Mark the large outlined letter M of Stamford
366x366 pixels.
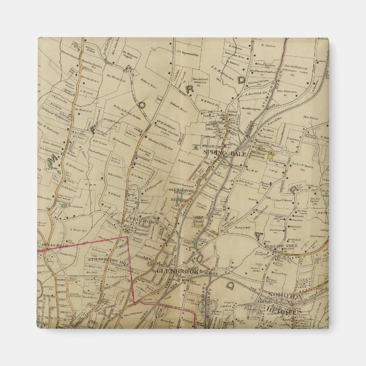pos(53,165)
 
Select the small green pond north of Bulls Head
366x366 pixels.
pos(63,206)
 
